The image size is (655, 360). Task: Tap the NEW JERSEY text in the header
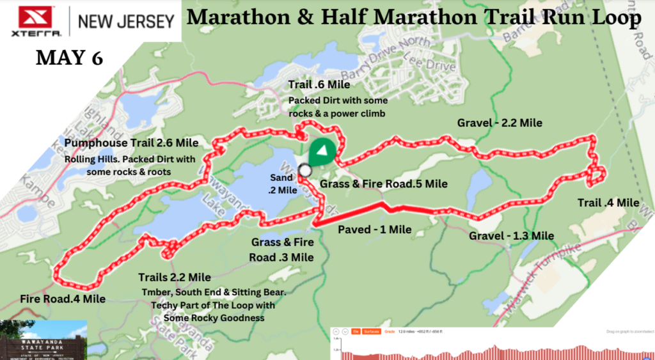click(126, 21)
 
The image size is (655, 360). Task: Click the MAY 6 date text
click(69, 58)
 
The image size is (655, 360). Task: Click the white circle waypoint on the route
click(304, 170)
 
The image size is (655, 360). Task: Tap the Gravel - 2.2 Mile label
click(500, 123)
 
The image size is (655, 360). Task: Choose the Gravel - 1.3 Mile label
click(511, 236)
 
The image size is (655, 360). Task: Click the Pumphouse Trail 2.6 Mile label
click(131, 143)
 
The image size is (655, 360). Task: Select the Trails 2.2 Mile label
click(175, 278)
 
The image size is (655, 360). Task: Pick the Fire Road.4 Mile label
click(62, 298)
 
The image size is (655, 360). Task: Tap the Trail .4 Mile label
click(608, 203)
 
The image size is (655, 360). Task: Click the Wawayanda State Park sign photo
click(43, 339)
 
